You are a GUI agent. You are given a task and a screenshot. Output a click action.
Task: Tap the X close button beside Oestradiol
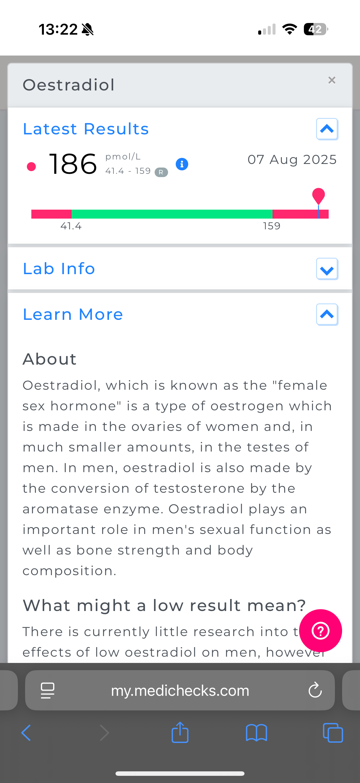click(332, 80)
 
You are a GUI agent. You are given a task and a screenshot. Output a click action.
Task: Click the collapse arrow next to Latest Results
click(327, 129)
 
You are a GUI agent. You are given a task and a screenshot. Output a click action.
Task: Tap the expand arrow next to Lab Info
click(327, 269)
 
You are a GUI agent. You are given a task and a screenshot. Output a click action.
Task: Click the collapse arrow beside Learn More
click(327, 314)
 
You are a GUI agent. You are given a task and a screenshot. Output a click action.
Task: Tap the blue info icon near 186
click(182, 164)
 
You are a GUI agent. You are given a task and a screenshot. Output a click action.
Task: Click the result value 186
click(73, 164)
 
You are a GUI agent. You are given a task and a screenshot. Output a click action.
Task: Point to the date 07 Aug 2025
click(292, 159)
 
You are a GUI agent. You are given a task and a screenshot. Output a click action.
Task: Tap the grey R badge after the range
click(161, 172)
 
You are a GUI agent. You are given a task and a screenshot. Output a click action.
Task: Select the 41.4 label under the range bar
click(71, 226)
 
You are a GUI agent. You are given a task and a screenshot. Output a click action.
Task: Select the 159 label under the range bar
click(272, 226)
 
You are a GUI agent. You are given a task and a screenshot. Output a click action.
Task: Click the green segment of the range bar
click(172, 214)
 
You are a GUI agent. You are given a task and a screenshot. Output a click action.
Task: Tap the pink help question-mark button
click(321, 631)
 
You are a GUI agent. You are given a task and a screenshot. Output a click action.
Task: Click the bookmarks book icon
click(256, 733)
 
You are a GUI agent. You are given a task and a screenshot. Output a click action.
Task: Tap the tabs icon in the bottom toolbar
click(333, 733)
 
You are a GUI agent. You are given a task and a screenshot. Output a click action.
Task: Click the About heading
click(50, 359)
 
